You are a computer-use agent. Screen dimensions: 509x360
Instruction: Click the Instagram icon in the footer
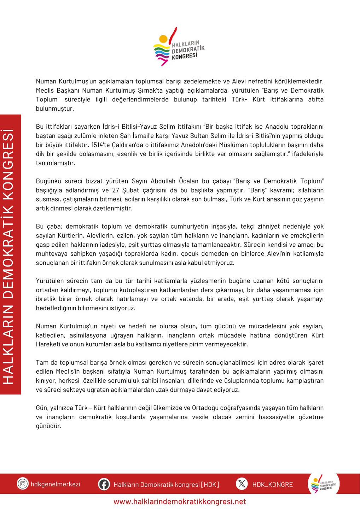click(x=23, y=484)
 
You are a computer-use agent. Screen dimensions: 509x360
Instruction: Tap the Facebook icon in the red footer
click(x=104, y=484)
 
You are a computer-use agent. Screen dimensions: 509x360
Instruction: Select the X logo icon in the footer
click(x=242, y=484)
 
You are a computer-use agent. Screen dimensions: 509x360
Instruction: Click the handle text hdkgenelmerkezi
click(x=56, y=484)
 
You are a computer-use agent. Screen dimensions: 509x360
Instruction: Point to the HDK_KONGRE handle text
click(x=272, y=484)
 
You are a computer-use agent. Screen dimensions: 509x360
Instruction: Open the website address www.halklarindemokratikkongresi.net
click(x=180, y=502)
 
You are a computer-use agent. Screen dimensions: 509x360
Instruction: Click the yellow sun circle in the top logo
click(x=163, y=39)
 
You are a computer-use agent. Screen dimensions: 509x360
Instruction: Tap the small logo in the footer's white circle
click(x=323, y=484)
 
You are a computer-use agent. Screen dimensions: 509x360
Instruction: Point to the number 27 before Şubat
click(x=116, y=190)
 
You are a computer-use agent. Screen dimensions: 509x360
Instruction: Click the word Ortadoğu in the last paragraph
click(x=206, y=408)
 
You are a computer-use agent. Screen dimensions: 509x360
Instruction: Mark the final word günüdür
click(x=49, y=426)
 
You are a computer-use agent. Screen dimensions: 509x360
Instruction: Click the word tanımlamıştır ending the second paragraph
click(x=56, y=163)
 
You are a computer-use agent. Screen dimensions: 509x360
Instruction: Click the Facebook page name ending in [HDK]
click(x=166, y=484)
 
